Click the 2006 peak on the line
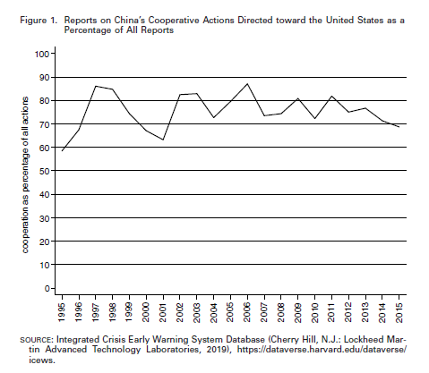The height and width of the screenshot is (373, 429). [x=247, y=84]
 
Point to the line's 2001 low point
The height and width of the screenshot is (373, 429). [x=163, y=140]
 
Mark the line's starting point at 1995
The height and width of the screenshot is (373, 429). [x=62, y=151]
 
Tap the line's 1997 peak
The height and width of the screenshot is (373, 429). [x=96, y=86]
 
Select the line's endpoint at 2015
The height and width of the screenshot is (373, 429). [x=399, y=127]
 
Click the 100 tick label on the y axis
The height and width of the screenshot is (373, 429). [x=41, y=54]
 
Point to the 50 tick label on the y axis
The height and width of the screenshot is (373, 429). [x=44, y=171]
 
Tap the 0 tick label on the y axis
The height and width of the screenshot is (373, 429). [x=47, y=289]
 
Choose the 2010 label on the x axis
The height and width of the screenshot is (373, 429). [x=315, y=312]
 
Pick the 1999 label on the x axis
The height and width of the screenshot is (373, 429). [x=130, y=312]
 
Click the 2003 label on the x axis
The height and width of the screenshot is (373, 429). [x=197, y=312]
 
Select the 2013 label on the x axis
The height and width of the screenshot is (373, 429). [x=365, y=312]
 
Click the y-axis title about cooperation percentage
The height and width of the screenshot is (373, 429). [x=25, y=175]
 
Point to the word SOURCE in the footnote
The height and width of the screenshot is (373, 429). [x=35, y=340]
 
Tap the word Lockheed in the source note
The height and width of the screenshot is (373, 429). [x=365, y=340]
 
